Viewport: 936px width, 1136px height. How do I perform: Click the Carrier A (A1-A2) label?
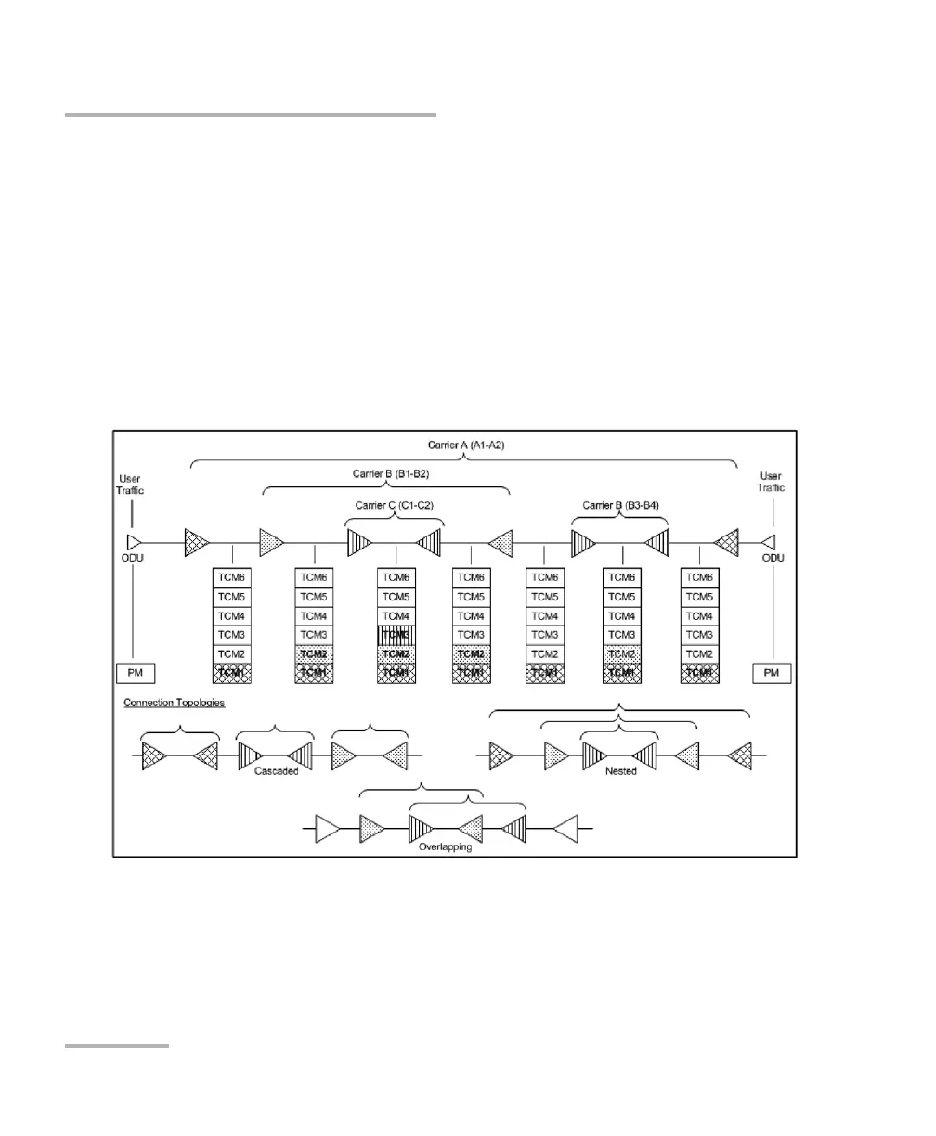point(465,445)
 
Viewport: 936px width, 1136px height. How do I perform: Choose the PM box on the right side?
point(772,673)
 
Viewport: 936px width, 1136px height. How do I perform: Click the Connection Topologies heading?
point(175,703)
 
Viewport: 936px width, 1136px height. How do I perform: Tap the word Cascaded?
point(275,770)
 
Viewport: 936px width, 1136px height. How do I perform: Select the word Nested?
point(620,770)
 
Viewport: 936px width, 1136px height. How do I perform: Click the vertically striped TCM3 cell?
point(396,635)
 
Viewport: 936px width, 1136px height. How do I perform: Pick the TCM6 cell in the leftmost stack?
point(232,577)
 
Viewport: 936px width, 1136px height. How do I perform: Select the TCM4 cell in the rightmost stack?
point(698,615)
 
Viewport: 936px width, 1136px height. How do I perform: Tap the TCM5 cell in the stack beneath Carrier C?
point(396,597)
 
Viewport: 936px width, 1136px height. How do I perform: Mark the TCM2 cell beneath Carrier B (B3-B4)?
point(623,653)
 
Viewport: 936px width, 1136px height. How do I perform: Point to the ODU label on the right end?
point(771,557)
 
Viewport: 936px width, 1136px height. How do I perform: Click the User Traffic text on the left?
point(130,483)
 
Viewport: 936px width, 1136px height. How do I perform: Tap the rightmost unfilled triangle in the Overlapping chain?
point(565,825)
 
